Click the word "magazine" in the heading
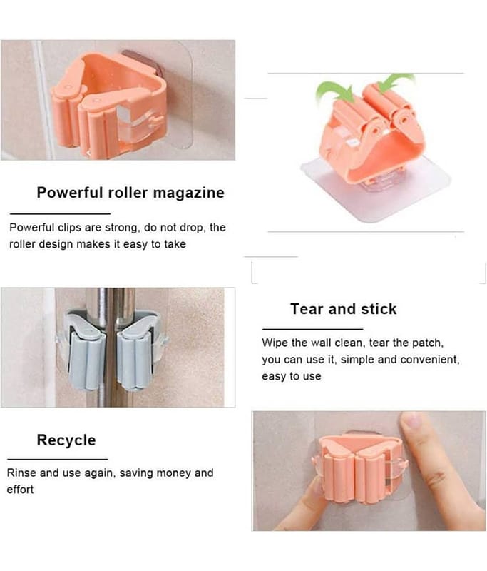[188, 193]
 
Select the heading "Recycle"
[66, 440]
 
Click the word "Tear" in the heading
[307, 309]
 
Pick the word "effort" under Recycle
[21, 490]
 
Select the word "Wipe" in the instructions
[275, 343]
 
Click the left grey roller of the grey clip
[86, 362]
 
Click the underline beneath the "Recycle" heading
[58, 459]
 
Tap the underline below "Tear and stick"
[313, 329]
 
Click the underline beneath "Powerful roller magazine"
[60, 213]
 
